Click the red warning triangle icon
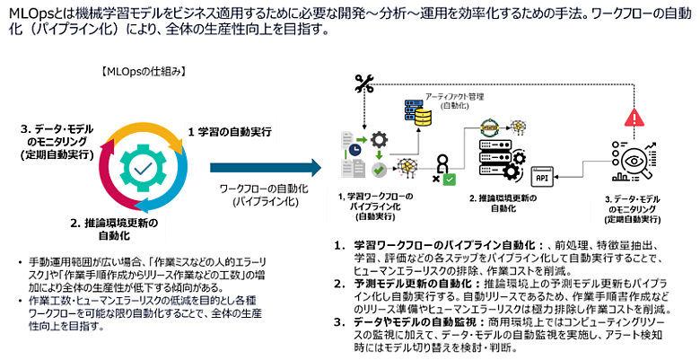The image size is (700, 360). pos(634,118)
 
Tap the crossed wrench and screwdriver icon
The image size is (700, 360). pos(363,84)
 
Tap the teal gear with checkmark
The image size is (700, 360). pos(141,166)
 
